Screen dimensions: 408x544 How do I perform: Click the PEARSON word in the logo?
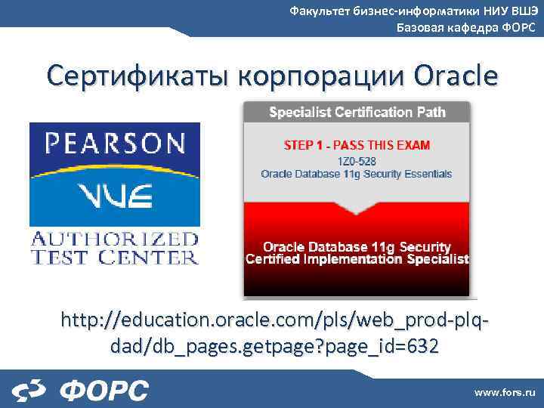pos(114,144)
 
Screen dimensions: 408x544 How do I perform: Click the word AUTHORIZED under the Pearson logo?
pos(114,240)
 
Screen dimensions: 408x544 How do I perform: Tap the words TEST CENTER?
pos(114,257)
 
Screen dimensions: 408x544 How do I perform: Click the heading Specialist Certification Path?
pos(357,113)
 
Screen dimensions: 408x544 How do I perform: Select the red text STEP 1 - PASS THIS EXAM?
pos(357,144)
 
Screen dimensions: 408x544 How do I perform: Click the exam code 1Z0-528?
pos(357,160)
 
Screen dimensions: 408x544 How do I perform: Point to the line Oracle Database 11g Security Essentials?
pos(357,174)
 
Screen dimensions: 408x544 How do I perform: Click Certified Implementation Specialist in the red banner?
pos(357,259)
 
